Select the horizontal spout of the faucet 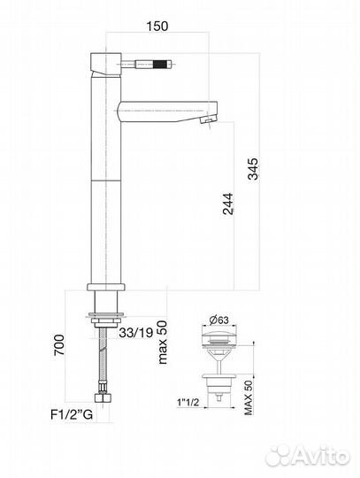pyautogui.click(x=164, y=112)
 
